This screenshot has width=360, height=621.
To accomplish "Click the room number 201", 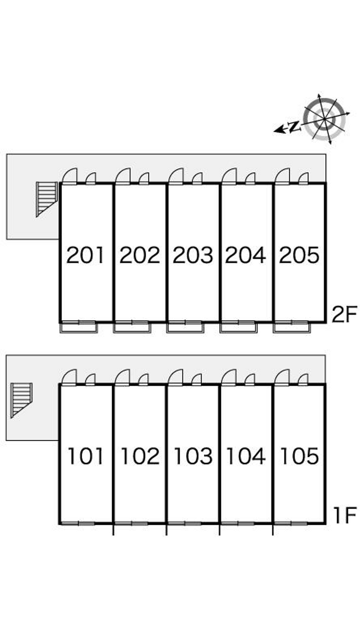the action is [x=85, y=255].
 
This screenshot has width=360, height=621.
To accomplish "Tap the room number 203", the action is [x=193, y=255].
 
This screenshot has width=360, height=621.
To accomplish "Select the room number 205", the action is [x=299, y=255].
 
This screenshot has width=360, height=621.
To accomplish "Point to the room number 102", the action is [x=140, y=456].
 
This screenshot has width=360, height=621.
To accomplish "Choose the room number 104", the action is [x=246, y=456].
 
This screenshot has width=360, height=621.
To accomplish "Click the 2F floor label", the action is [x=344, y=314].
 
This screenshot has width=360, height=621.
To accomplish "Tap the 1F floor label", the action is [x=345, y=515].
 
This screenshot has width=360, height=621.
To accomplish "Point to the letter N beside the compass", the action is [x=294, y=126].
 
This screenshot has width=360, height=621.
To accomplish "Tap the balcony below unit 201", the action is [x=79, y=327].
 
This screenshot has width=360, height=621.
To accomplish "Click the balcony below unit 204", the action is [x=238, y=327].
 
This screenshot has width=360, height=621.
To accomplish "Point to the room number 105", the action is [x=300, y=456].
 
